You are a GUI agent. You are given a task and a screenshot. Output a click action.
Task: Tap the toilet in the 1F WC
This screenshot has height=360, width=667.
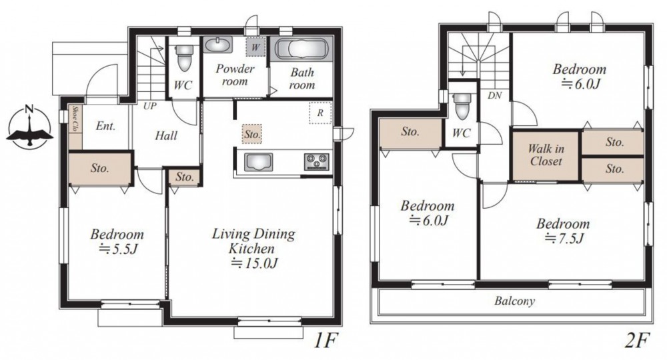(x=184, y=57)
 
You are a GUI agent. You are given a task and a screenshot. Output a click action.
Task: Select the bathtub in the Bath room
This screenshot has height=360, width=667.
(x=301, y=49)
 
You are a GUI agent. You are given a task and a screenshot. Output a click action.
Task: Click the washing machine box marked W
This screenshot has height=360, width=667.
(x=255, y=46)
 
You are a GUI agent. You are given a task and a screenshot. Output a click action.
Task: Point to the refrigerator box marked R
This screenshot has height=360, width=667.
(x=320, y=113)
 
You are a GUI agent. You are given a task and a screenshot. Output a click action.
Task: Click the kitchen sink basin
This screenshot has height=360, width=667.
(x=258, y=162)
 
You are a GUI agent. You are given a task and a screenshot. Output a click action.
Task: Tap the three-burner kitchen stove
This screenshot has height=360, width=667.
(x=316, y=161)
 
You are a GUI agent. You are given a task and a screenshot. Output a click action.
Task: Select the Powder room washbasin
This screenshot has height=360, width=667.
(x=218, y=44)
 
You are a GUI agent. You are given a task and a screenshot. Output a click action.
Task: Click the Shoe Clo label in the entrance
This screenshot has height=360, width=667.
(x=75, y=119)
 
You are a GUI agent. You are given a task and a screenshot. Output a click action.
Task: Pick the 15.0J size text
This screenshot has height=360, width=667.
(x=254, y=264)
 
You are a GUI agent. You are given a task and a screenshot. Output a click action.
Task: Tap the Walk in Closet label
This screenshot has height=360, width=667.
(x=546, y=155)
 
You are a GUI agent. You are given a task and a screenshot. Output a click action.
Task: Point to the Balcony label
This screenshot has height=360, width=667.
(x=514, y=301)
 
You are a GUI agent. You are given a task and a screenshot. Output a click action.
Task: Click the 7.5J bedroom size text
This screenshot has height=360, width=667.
(x=564, y=239)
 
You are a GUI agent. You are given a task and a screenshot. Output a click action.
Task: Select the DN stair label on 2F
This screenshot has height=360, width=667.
(x=495, y=95)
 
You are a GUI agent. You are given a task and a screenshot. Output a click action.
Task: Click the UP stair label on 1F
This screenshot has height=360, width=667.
(x=149, y=106)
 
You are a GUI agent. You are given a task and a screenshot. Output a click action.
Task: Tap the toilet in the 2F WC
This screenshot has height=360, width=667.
(x=462, y=106)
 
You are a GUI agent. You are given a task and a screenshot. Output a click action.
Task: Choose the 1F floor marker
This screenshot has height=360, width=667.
(x=325, y=341)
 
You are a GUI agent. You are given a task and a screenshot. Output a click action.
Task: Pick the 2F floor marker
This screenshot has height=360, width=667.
(x=637, y=341)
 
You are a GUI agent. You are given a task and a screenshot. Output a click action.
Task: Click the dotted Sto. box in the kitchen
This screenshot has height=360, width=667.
(x=252, y=134)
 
